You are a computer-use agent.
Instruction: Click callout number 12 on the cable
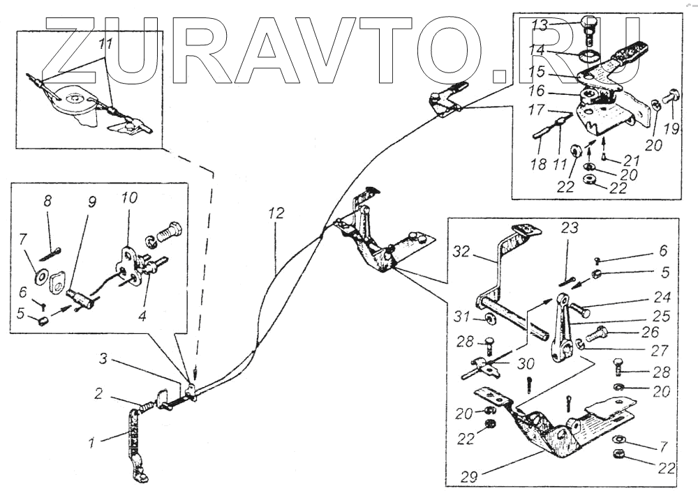[x=277, y=214]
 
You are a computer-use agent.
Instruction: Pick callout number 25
[x=662, y=316]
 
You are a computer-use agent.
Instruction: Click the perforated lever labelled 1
[x=133, y=439]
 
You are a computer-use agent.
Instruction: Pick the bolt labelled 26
[x=596, y=335]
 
